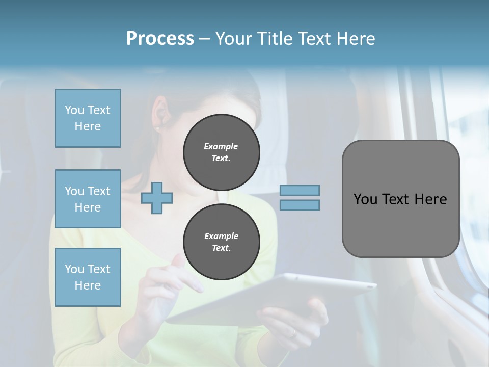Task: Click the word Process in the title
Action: click(160, 39)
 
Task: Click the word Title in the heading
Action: click(276, 39)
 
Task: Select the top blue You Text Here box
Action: click(88, 118)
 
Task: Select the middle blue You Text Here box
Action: click(88, 199)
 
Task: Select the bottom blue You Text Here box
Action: click(88, 277)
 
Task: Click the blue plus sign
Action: click(157, 197)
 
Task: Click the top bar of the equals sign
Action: click(300, 190)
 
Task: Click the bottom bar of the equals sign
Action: click(300, 205)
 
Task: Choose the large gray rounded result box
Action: click(400, 198)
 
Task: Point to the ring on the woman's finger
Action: click(292, 333)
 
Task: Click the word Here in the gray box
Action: click(430, 199)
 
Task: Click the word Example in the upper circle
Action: click(221, 147)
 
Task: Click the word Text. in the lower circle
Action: click(221, 248)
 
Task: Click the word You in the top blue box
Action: click(74, 110)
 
